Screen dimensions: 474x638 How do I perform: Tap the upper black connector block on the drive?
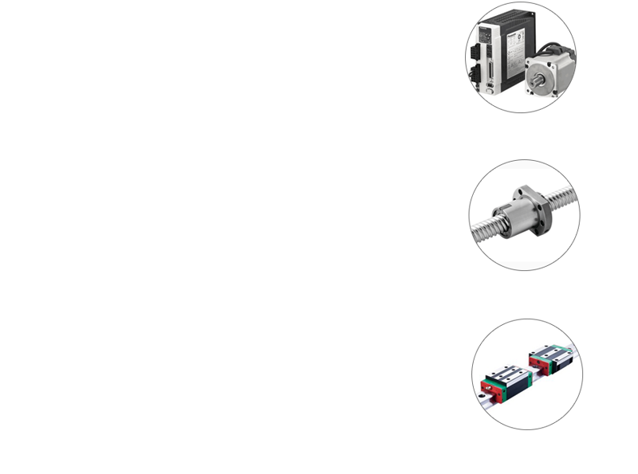pyautogui.click(x=486, y=50)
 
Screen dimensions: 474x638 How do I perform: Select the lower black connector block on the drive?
pyautogui.click(x=486, y=76)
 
